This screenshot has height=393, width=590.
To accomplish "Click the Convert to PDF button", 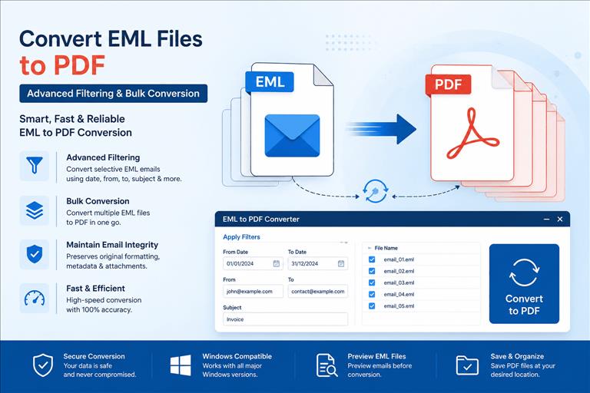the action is click(524, 283).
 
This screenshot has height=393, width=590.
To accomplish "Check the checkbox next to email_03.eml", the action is click(372, 282).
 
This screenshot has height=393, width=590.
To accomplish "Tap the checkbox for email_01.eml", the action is click(372, 259).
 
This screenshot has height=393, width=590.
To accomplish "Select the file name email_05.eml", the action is click(399, 306).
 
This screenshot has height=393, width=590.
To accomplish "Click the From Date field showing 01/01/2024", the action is click(253, 263).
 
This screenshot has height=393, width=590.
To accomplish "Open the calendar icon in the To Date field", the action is click(341, 263).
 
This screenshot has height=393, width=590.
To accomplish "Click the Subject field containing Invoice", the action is click(285, 319).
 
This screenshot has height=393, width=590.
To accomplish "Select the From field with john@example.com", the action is click(253, 292).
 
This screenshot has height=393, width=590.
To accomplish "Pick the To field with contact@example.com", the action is click(317, 292).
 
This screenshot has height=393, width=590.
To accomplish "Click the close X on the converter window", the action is click(560, 219).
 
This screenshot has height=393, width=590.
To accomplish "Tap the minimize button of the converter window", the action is click(547, 219).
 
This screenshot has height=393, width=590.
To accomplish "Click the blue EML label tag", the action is click(270, 81).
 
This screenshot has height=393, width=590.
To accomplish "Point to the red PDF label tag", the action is click(448, 84).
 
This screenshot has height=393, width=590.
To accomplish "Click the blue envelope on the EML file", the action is click(293, 136).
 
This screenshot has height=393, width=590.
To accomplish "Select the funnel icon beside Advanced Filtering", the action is click(35, 166).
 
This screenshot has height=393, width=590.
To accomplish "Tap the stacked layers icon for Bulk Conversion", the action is click(35, 210).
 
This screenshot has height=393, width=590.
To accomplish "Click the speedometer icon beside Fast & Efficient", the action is click(35, 298).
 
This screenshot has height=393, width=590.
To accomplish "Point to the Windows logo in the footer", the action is click(181, 365).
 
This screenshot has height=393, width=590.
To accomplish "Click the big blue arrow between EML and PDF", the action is click(381, 129).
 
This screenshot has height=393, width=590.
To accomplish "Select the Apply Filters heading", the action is click(241, 237).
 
